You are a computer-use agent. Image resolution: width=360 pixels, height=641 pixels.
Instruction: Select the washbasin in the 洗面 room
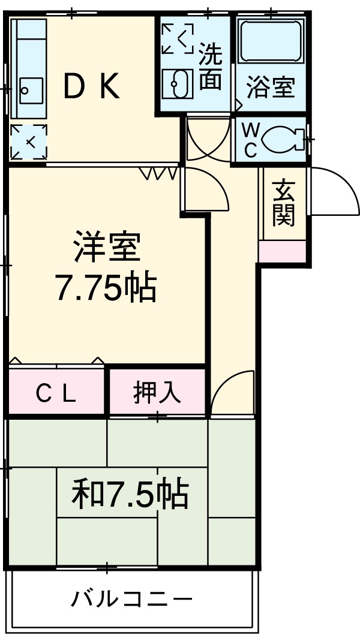click(x=176, y=83)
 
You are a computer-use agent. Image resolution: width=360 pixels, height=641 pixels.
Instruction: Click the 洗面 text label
click(x=210, y=67)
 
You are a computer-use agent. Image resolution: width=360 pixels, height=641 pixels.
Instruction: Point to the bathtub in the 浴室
click(x=270, y=40)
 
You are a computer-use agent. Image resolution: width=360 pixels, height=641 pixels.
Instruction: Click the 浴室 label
click(x=271, y=88)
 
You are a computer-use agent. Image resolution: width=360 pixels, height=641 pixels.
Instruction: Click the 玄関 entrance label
click(x=283, y=203)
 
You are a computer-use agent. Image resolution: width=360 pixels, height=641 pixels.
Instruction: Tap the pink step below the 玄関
click(x=282, y=252)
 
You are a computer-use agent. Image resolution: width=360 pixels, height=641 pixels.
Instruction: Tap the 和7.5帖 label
click(x=130, y=494)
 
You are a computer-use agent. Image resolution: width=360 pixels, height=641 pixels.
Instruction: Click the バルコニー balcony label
click(x=133, y=599)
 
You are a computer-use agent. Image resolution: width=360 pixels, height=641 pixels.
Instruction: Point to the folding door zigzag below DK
click(x=159, y=173)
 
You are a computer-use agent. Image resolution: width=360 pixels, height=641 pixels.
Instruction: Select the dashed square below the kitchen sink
click(x=28, y=142)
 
